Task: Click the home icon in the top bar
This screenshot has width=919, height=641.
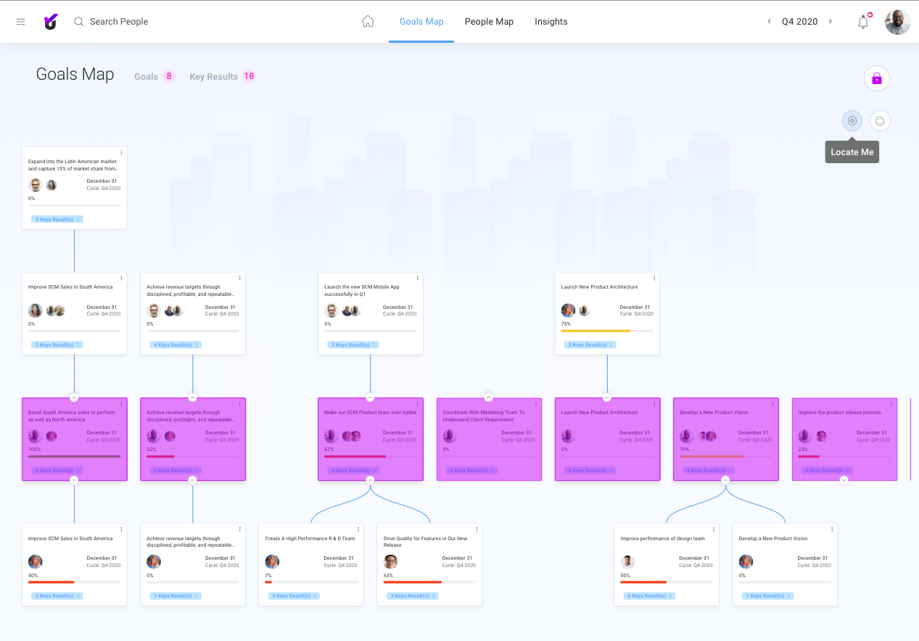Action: pyautogui.click(x=368, y=22)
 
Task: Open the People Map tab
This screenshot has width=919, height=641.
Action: pyautogui.click(x=489, y=22)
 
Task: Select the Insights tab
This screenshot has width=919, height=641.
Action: pyautogui.click(x=551, y=22)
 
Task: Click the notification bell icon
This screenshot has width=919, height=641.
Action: pyautogui.click(x=863, y=22)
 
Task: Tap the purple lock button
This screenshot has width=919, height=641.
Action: pyautogui.click(x=876, y=78)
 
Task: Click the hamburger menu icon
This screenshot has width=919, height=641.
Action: pyautogui.click(x=20, y=22)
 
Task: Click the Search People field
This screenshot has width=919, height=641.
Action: pyautogui.click(x=119, y=22)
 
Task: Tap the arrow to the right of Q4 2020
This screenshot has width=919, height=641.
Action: pyautogui.click(x=831, y=22)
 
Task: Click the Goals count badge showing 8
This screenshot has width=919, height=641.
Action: pyautogui.click(x=169, y=76)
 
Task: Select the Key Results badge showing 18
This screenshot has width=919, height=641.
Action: pyautogui.click(x=249, y=76)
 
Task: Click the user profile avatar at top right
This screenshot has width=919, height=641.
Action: pyautogui.click(x=897, y=22)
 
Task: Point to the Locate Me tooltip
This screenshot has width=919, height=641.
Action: pyautogui.click(x=852, y=152)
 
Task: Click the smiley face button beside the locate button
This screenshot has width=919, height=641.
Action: pyautogui.click(x=880, y=121)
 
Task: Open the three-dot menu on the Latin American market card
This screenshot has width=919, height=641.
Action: pyautogui.click(x=121, y=152)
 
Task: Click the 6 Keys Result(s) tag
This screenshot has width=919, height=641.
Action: pyautogui.click(x=649, y=596)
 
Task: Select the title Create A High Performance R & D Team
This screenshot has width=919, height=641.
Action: pyautogui.click(x=310, y=539)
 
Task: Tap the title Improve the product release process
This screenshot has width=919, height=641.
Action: pyautogui.click(x=839, y=413)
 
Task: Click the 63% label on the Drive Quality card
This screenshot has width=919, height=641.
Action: pyautogui.click(x=388, y=576)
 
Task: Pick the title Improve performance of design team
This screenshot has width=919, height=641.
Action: pyautogui.click(x=662, y=539)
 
